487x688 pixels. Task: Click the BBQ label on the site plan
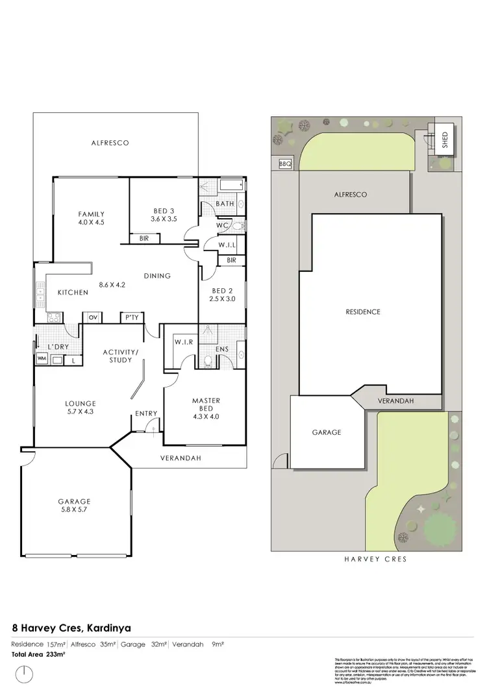284,164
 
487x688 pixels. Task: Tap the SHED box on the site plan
445,140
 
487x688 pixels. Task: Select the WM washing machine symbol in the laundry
42,359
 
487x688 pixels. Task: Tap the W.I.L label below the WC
227,245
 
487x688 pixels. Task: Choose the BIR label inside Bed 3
144,239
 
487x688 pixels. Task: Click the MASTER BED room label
206,404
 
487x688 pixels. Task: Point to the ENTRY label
146,413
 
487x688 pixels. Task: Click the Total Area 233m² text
39,654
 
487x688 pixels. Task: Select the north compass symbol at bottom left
25,674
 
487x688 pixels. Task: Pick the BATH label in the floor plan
225,204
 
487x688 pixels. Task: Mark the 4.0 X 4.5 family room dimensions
91,222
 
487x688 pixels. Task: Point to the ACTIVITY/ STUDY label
121,356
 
